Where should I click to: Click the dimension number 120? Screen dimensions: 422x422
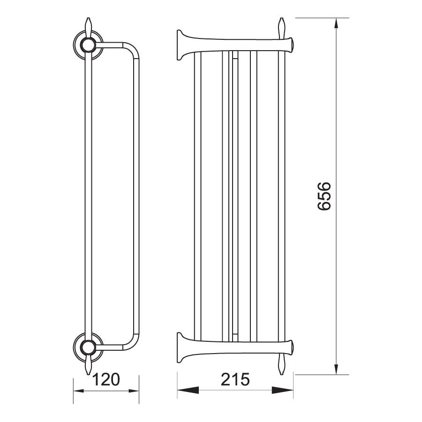point(106,379)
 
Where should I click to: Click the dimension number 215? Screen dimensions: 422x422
point(235,379)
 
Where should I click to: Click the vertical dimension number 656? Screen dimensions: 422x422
point(324,196)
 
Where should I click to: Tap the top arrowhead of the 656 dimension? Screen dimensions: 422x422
point(336,24)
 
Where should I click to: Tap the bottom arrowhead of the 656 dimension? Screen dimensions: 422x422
point(336,369)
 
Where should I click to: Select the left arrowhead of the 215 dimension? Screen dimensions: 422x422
point(188,390)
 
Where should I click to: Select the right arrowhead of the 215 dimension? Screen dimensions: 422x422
point(283,390)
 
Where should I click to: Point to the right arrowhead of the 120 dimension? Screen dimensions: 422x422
point(134,391)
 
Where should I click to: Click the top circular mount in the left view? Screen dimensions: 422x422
point(88,45)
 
